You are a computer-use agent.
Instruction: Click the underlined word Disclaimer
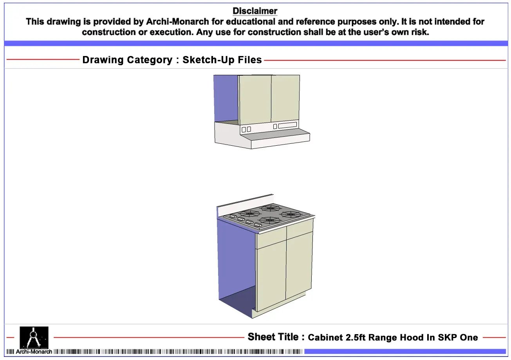pos(255,11)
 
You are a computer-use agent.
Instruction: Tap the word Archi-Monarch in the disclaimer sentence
pos(177,22)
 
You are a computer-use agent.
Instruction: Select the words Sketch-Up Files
pos(222,60)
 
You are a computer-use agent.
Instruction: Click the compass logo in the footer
pos(34,337)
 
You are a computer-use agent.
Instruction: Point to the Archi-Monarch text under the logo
pos(34,352)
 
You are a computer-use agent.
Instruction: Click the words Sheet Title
pos(273,337)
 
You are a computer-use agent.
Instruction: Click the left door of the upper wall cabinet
pos(255,100)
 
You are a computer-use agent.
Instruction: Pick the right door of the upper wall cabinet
pos(285,98)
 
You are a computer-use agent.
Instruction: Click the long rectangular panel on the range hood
pos(287,125)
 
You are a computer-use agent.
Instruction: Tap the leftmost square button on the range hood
pos(244,130)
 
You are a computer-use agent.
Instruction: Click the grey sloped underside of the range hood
pos(276,134)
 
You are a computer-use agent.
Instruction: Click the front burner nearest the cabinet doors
pos(270,220)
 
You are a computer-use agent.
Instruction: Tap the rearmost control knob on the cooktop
pos(233,216)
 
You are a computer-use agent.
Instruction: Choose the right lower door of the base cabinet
pos(299,266)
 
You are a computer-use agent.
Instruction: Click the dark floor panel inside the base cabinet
pos(237,302)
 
